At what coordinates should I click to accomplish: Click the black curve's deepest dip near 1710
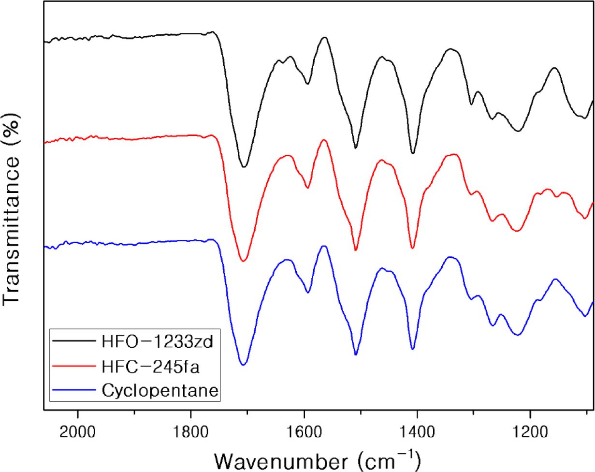tap(244, 167)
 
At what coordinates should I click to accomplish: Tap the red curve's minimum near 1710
tap(244, 261)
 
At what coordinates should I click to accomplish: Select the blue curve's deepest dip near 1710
tap(244, 365)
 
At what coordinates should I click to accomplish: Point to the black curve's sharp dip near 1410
tap(413, 154)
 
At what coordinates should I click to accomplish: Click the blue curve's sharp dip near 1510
tap(356, 354)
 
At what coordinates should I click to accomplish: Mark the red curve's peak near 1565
tap(324, 140)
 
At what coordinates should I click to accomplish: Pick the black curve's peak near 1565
tap(324, 37)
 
